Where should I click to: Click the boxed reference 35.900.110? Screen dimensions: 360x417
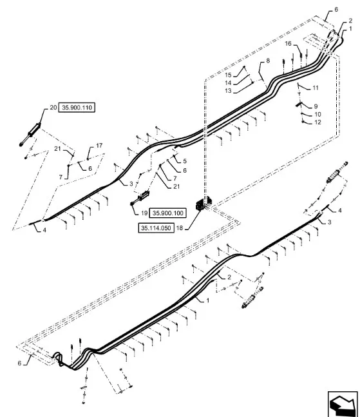pyautogui.click(x=77, y=108)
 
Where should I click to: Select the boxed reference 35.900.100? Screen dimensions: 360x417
pyautogui.click(x=167, y=213)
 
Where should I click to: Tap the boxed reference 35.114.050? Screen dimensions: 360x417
pyautogui.click(x=156, y=228)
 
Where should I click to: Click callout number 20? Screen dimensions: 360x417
pyautogui.click(x=53, y=108)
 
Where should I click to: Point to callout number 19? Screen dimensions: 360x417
pyautogui.click(x=144, y=213)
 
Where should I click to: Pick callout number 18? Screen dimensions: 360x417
pyautogui.click(x=180, y=228)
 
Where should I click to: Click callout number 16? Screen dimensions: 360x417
pyautogui.click(x=289, y=43)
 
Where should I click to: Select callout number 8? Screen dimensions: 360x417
pyautogui.click(x=268, y=61)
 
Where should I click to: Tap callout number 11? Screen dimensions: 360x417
pyautogui.click(x=316, y=88)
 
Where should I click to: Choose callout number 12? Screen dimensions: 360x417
pyautogui.click(x=317, y=122)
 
